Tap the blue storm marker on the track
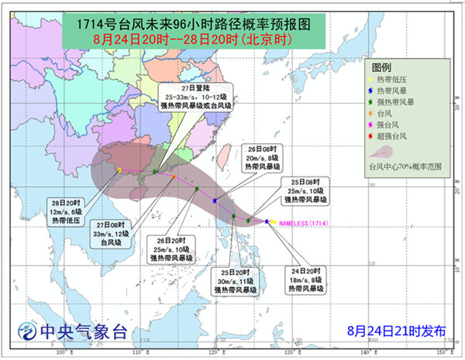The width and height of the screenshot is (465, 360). (215, 201)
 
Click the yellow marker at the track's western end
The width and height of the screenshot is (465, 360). (119, 170)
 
